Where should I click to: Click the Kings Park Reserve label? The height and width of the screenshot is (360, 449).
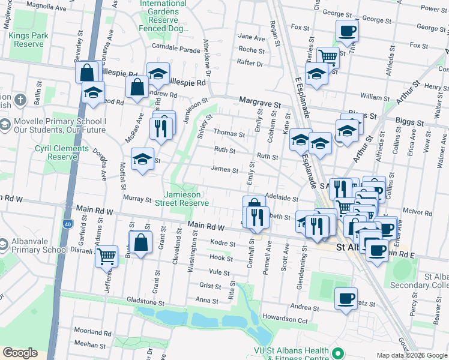pyautogui.click(x=27, y=40)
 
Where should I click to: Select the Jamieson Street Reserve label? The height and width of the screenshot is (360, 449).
pyautogui.click(x=186, y=198)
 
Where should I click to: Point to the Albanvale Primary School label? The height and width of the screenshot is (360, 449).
pyautogui.click(x=38, y=245)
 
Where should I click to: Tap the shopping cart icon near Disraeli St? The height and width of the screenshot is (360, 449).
pyautogui.click(x=107, y=256)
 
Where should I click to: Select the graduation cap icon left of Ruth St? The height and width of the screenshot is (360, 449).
pyautogui.click(x=142, y=159)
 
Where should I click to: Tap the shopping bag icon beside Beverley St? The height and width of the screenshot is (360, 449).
pyautogui.click(x=87, y=71)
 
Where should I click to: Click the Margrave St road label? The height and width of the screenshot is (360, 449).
pyautogui.click(x=260, y=103)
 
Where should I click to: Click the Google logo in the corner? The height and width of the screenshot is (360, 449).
pyautogui.click(x=20, y=353)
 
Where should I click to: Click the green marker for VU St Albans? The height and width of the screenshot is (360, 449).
pyautogui.click(x=338, y=354)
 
